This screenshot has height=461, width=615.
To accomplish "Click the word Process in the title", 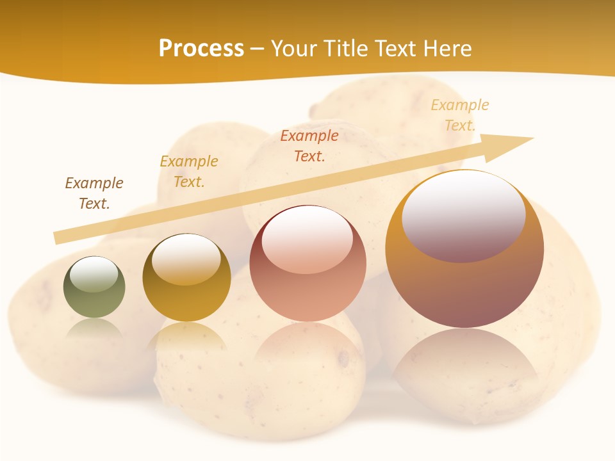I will pyautogui.click(x=201, y=49).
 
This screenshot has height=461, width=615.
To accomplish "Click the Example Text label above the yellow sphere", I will pyautogui.click(x=189, y=172).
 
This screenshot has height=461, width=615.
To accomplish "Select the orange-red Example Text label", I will pyautogui.click(x=309, y=145).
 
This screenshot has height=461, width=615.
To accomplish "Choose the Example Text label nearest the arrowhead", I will pyautogui.click(x=460, y=115).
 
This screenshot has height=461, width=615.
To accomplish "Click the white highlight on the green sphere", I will pyautogui.click(x=94, y=275).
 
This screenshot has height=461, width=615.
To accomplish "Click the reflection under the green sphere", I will pyautogui.click(x=94, y=329).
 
